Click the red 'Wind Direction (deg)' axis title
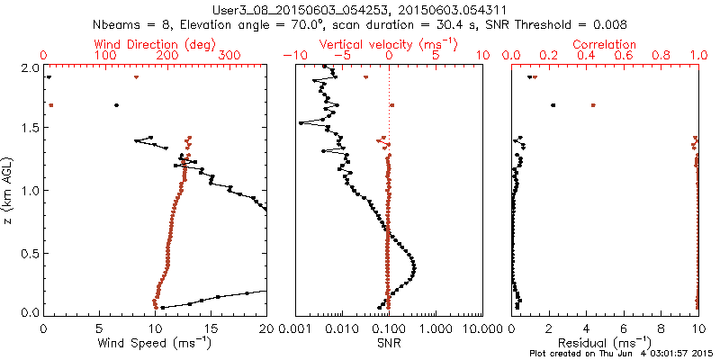pos(157,44)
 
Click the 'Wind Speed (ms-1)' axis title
pos(157,343)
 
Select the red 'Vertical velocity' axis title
pos(388,44)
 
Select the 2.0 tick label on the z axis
pos(31,67)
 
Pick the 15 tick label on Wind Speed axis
pos(211,328)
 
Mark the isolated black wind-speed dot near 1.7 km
pos(116,105)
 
